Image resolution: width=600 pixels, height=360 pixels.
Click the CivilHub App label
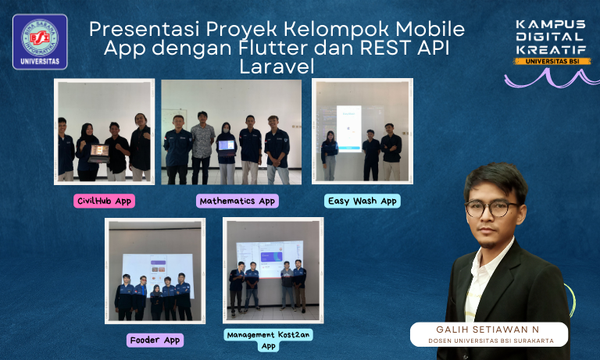104,201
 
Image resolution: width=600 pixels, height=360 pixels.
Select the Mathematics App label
237,201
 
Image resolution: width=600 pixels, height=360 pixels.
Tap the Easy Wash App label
362,201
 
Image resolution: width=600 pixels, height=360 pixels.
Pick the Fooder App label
155,340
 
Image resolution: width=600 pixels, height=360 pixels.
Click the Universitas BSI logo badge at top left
39,41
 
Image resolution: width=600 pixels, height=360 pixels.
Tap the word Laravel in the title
277,67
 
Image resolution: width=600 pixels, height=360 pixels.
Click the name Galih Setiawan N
489,329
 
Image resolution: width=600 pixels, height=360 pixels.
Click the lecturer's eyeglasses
491,209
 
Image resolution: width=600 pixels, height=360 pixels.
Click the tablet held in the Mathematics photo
227,145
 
